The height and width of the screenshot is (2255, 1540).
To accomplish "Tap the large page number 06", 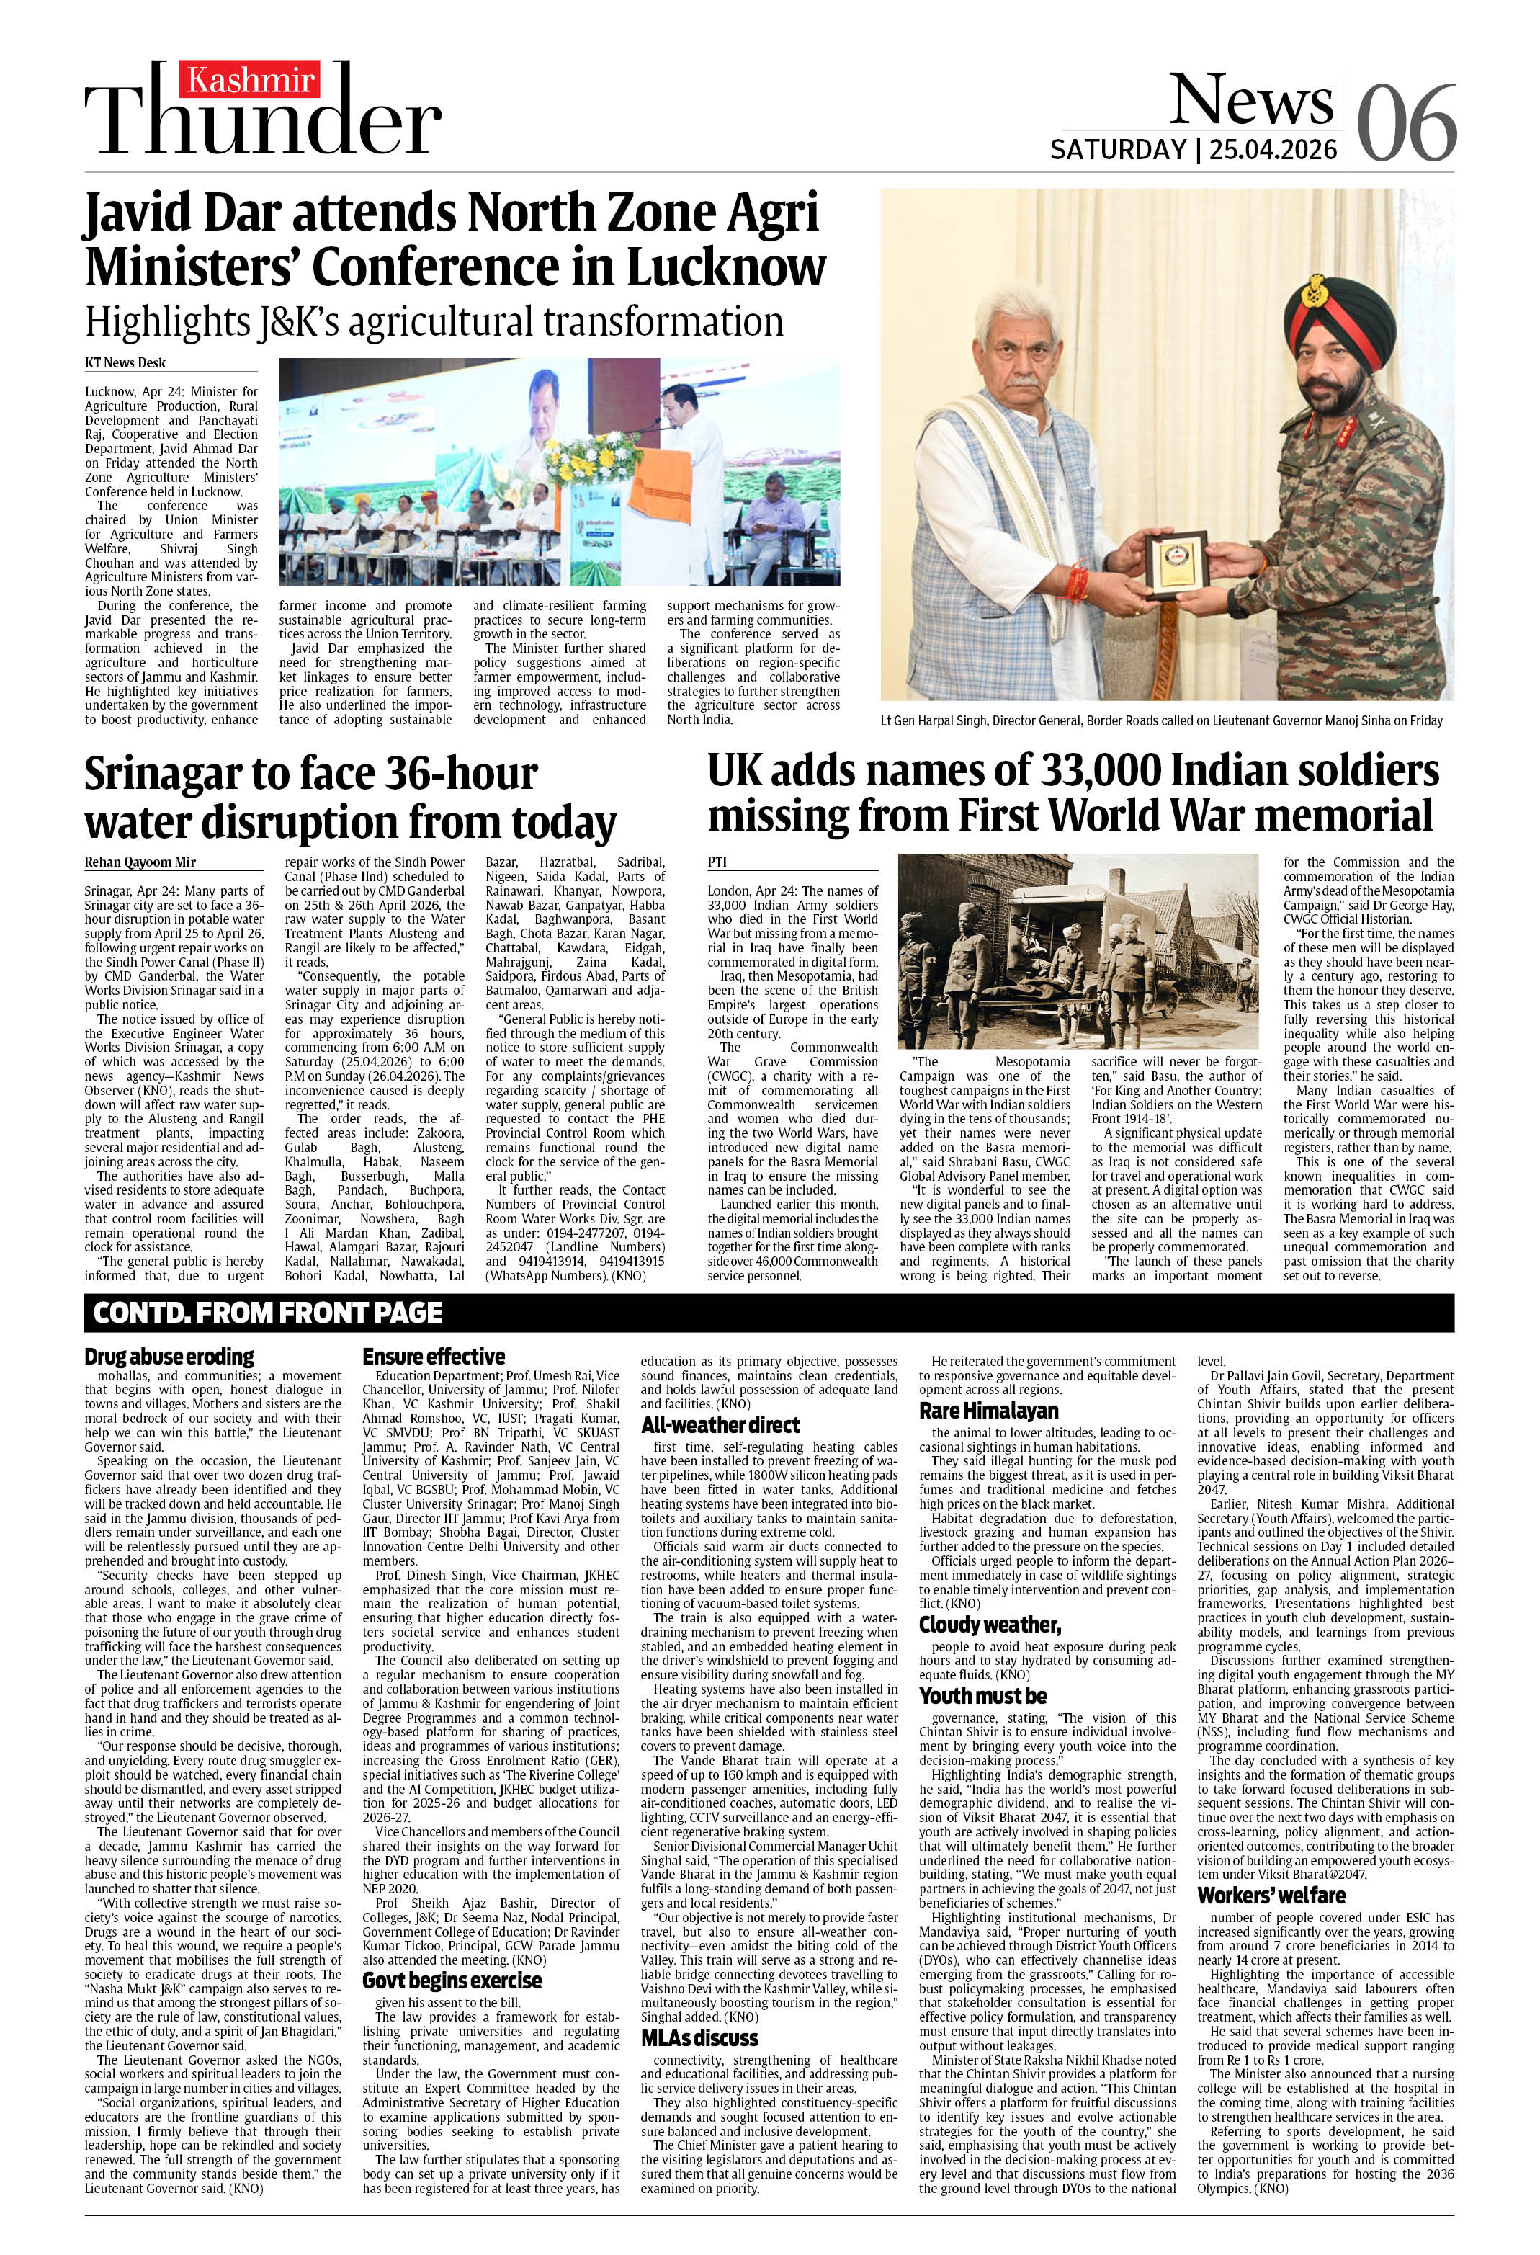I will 1406,123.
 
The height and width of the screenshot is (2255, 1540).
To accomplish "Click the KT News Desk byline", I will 125,363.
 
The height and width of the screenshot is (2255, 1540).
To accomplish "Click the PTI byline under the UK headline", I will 718,862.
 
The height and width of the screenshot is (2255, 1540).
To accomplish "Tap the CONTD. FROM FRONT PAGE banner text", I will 268,1313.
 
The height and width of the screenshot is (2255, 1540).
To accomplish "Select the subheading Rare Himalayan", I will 989,1410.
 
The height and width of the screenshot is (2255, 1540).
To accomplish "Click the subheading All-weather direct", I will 720,1424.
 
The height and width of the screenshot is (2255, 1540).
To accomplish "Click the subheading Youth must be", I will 983,1695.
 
